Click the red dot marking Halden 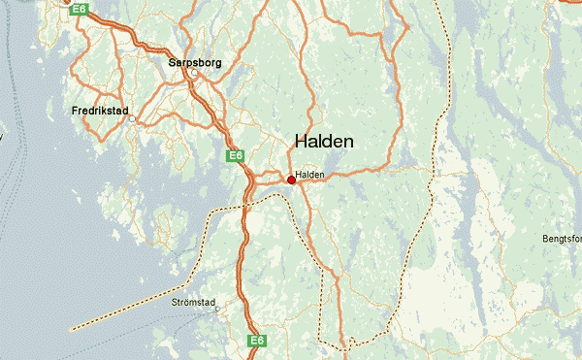pyautogui.click(x=291, y=180)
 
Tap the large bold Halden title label pyautogui.click(x=324, y=142)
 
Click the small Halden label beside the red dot pyautogui.click(x=309, y=175)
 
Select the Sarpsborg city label pyautogui.click(x=195, y=62)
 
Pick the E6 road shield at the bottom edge pyautogui.click(x=256, y=341)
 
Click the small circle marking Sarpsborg pyautogui.click(x=194, y=73)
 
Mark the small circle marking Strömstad pyautogui.click(x=217, y=311)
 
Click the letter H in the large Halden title pyautogui.click(x=301, y=142)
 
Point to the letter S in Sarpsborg pyautogui.click(x=172, y=62)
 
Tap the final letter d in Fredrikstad pyautogui.click(x=127, y=111)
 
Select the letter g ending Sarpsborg pyautogui.click(x=218, y=63)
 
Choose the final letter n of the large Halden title pyautogui.click(x=348, y=142)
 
